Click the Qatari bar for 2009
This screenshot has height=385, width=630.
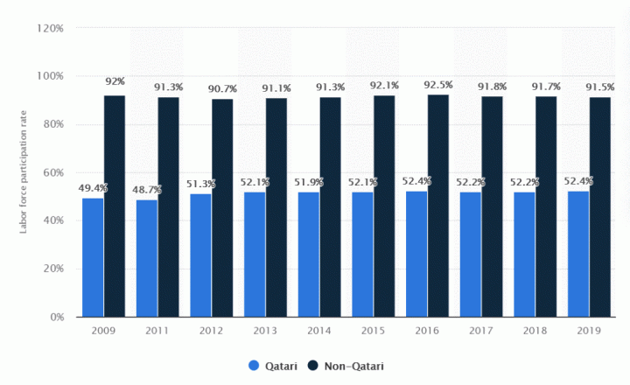click(x=93, y=257)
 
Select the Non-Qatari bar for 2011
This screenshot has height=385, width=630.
click(x=168, y=206)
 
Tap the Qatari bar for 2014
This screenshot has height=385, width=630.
click(x=308, y=254)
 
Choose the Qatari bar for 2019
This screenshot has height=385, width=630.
click(x=577, y=254)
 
